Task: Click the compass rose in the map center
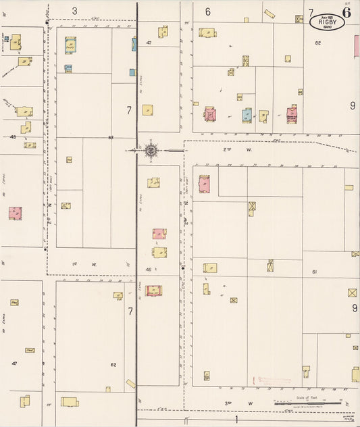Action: click(x=151, y=150)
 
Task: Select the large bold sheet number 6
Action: click(x=346, y=11)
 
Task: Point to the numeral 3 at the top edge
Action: click(x=74, y=11)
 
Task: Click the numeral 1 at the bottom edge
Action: click(x=236, y=420)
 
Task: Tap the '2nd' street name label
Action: click(x=227, y=149)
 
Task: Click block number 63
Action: click(x=110, y=137)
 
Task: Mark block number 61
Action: click(x=315, y=271)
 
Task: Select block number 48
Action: click(x=13, y=136)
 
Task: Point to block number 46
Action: click(x=149, y=269)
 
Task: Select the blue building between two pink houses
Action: click(x=247, y=116)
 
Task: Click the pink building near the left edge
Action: click(x=15, y=213)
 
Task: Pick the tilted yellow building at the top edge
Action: click(x=270, y=14)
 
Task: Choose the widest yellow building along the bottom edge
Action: click(x=70, y=401)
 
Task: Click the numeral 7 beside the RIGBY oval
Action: click(x=311, y=12)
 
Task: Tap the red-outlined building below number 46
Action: click(x=153, y=291)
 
